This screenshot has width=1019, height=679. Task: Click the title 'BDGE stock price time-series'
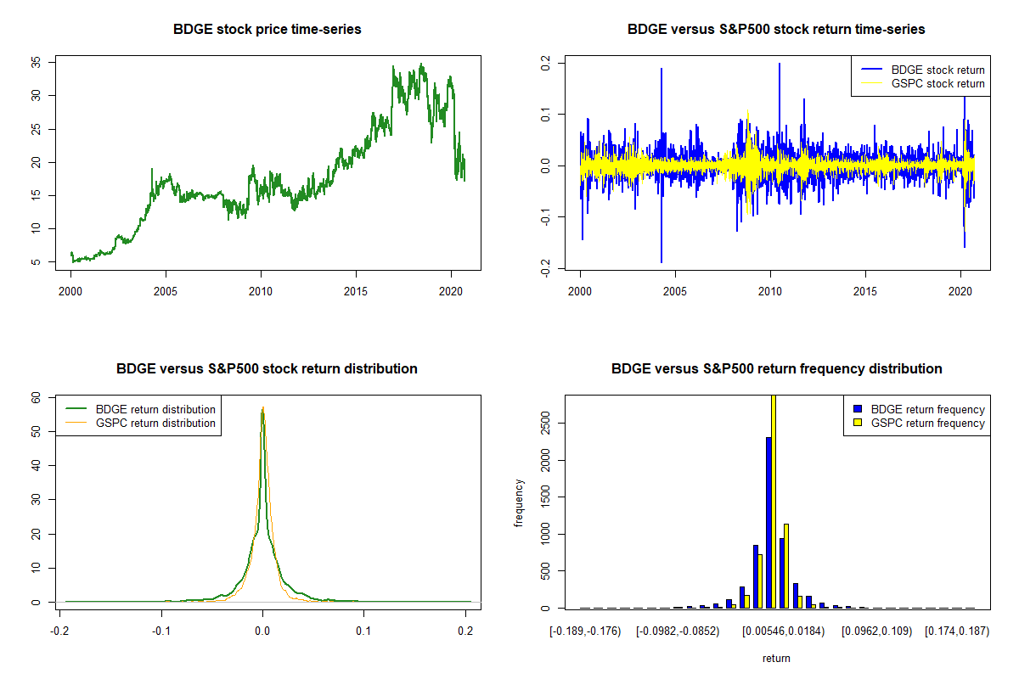click(x=267, y=29)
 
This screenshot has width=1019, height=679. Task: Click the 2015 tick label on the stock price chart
click(x=356, y=291)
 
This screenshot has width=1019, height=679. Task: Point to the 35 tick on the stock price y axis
click(x=36, y=62)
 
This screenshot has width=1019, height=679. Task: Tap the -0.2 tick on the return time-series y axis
click(x=545, y=268)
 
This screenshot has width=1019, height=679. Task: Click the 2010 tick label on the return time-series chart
click(x=770, y=291)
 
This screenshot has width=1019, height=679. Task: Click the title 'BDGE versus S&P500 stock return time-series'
click(x=776, y=29)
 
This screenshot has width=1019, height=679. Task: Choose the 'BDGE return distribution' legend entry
click(x=141, y=409)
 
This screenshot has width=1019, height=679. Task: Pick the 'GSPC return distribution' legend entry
click(x=141, y=423)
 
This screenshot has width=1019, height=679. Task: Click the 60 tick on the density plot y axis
click(x=36, y=398)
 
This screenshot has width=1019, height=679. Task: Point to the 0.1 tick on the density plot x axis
click(x=363, y=631)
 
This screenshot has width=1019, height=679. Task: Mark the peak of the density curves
click(x=263, y=408)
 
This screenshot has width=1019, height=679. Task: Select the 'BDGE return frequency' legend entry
click(x=919, y=409)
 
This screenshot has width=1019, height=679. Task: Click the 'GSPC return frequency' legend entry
click(x=919, y=423)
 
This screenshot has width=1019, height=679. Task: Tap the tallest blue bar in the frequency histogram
click(x=768, y=523)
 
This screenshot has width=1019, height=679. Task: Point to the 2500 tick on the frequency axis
click(x=545, y=424)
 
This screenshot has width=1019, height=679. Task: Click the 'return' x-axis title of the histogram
click(x=776, y=658)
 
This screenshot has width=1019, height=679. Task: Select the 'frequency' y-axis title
click(x=519, y=503)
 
